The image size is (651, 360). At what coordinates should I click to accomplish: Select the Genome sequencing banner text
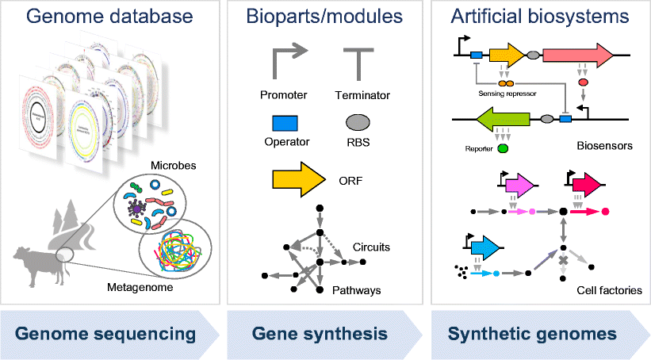coord(106,333)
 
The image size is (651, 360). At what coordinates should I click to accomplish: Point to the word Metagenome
coord(141,288)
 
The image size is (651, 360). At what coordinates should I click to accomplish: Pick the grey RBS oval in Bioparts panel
coord(358,122)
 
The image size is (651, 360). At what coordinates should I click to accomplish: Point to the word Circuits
coord(370,247)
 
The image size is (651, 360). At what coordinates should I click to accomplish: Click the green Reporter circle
coord(503,148)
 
